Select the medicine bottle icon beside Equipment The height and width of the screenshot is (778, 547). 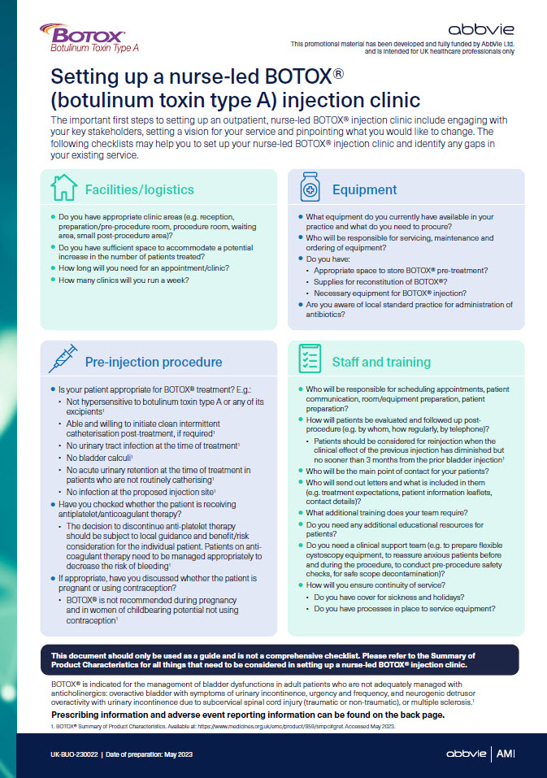coord(310,188)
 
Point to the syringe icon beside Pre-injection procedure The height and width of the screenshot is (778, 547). coord(63,360)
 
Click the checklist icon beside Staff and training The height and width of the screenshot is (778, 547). coord(310,360)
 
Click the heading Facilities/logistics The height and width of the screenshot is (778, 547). coord(140,190)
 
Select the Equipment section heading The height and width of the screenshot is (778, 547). coord(364,190)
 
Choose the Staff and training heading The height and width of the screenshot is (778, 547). coord(381,363)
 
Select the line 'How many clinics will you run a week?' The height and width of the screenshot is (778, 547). coord(124,280)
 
